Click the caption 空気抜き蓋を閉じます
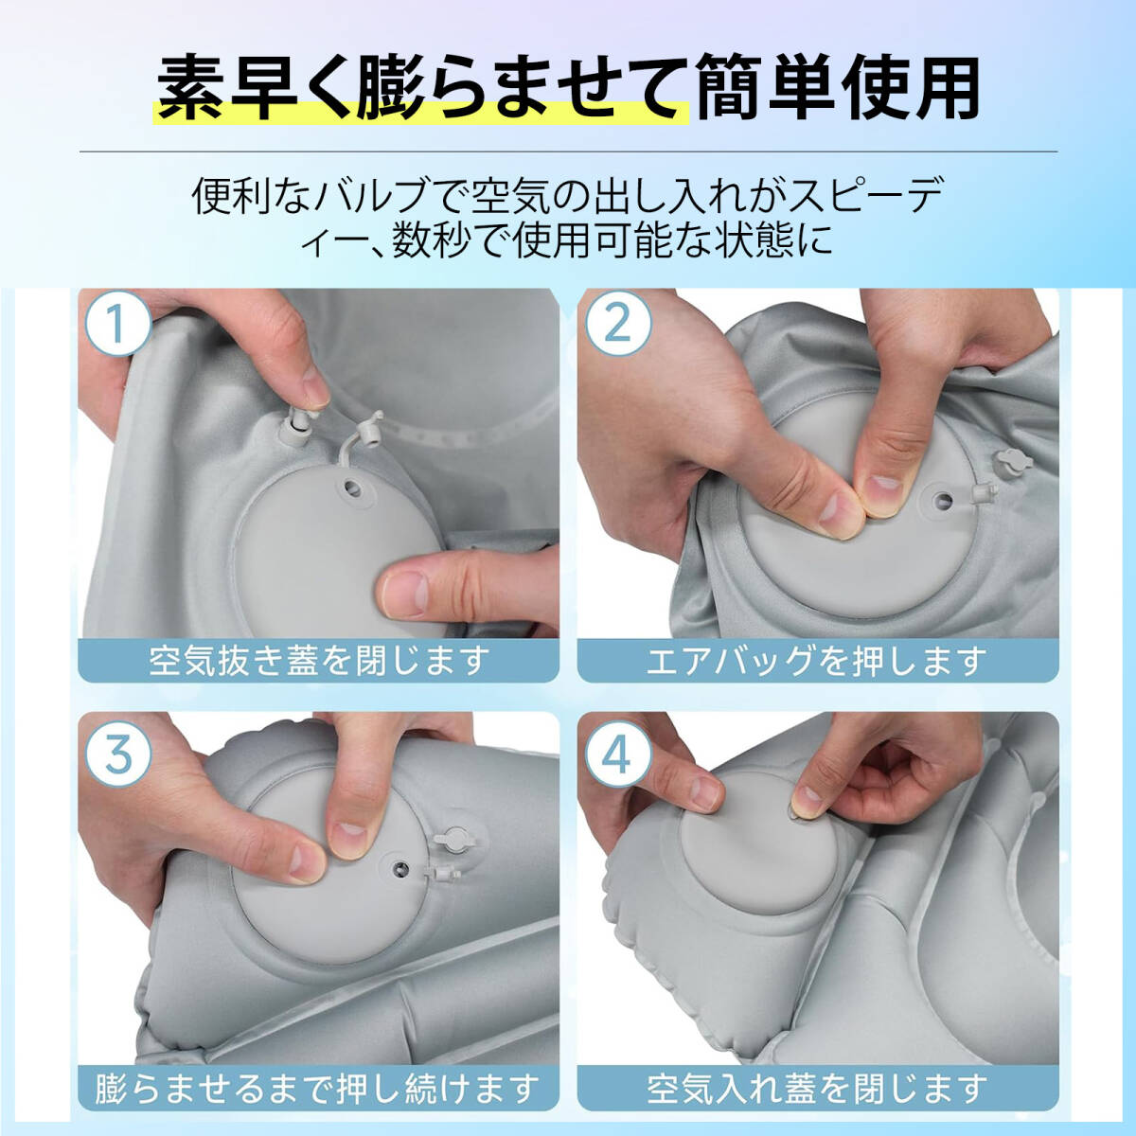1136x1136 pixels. coord(319,661)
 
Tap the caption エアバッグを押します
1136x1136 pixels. coord(818,661)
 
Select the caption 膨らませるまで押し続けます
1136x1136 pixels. coord(319,1088)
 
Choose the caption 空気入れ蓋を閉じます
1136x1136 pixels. coord(818,1088)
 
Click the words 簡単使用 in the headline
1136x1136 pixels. coord(838,88)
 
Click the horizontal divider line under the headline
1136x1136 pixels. coord(568,151)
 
